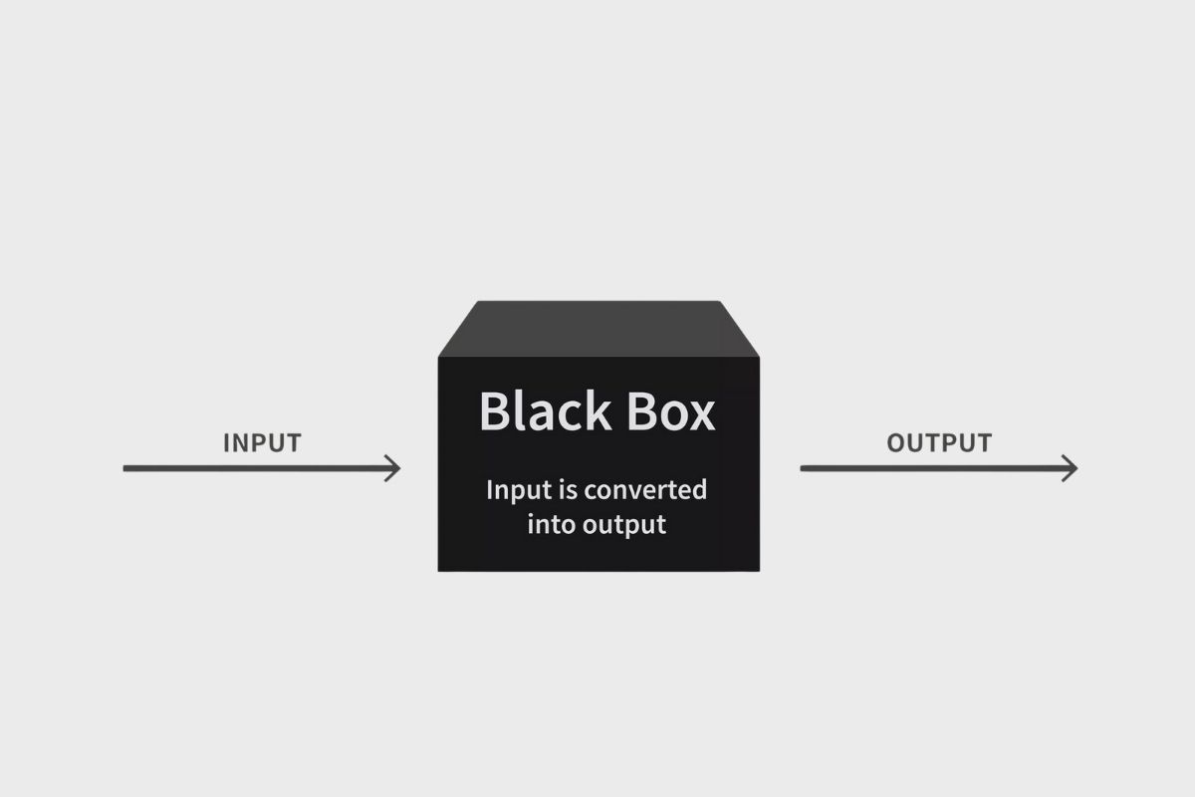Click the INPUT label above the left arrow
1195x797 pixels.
262,442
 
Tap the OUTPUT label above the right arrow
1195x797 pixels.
939,442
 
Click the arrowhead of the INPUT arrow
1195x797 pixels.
395,467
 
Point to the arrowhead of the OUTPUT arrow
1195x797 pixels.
1073,467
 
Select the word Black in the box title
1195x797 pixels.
544,410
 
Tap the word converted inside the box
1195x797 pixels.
645,490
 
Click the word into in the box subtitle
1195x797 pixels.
550,524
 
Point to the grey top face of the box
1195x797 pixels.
598,327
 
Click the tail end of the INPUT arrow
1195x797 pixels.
126,467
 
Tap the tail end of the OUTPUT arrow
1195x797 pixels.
804,467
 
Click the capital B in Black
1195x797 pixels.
495,410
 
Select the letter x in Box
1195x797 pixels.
701,414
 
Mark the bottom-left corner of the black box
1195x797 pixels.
439,570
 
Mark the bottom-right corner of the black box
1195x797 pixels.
758,570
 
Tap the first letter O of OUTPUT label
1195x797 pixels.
896,442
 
